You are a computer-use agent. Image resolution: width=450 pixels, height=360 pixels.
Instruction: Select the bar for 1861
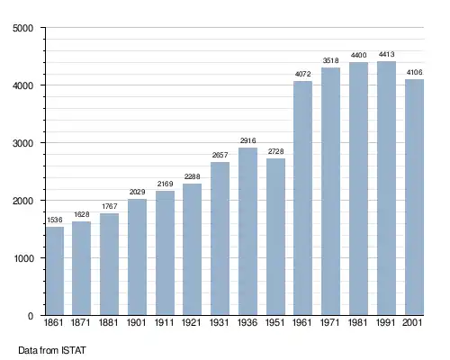55,271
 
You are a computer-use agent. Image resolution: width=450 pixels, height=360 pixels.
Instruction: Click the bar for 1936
247,231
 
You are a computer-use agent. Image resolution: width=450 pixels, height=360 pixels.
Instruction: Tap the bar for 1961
302,198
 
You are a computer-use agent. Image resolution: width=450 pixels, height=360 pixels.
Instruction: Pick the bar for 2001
414,197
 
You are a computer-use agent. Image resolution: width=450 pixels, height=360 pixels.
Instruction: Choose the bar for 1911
165,253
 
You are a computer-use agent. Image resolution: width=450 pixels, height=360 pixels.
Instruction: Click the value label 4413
386,54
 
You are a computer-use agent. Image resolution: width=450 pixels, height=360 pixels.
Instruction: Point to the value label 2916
247,140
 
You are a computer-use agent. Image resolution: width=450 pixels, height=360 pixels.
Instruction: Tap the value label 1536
55,220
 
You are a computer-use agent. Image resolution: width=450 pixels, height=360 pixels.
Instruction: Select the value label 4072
302,74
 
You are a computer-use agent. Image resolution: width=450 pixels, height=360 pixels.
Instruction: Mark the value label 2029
137,192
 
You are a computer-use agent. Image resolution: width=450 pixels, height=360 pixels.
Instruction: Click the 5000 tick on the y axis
22,28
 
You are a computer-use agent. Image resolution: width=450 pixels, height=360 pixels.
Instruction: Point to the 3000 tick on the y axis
22,143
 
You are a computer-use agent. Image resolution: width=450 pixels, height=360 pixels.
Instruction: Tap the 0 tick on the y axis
31,316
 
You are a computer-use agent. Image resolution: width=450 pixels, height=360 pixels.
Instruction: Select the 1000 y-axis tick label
23,258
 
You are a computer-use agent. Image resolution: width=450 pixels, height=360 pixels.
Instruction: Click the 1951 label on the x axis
274,322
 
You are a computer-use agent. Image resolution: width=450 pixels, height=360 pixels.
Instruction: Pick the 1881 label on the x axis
108,322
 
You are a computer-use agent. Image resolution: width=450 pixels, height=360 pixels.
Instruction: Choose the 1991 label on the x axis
385,322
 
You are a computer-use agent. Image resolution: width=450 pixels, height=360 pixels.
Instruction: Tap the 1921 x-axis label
191,322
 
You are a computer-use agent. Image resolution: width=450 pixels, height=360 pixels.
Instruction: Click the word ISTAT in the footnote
74,350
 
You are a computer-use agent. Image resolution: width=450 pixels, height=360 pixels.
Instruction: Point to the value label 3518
330,60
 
